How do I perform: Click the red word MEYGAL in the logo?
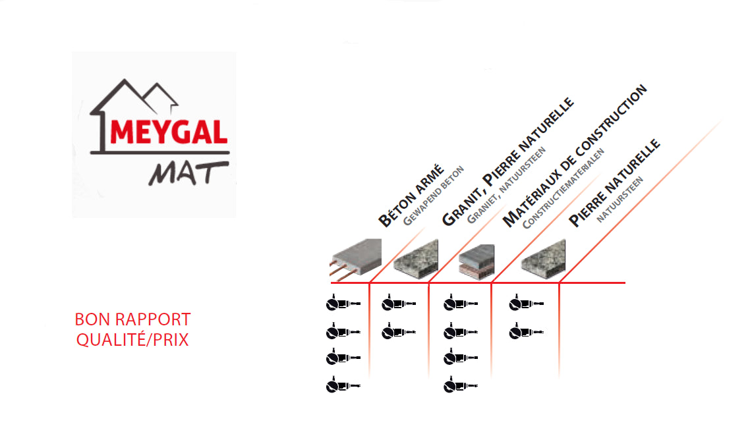point(169,132)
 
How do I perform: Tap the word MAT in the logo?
point(188,173)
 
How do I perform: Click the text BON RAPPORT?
point(132,319)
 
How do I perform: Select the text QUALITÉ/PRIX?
point(132,340)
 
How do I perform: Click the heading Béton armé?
point(411,196)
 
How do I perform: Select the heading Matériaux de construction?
point(575,156)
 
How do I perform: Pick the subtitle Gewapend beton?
point(434,196)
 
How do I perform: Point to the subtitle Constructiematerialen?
point(563,188)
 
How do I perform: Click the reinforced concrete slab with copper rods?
point(356,259)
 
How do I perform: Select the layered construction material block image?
point(476,261)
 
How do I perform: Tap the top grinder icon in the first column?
point(343,303)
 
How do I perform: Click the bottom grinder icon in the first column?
point(343,385)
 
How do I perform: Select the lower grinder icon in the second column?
point(399,331)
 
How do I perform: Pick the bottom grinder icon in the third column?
point(461,385)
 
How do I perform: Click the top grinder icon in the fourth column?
point(526,303)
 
